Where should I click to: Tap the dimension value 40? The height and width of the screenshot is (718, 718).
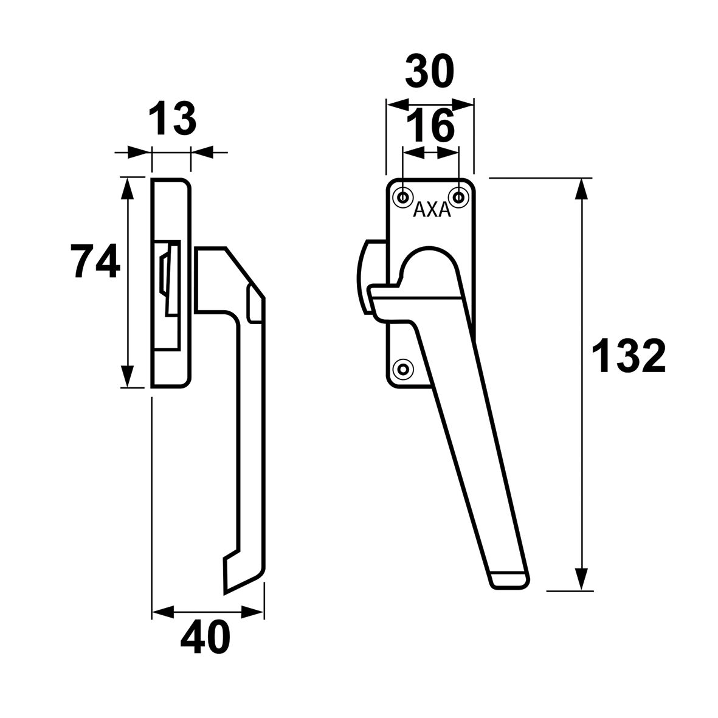pos(205,637)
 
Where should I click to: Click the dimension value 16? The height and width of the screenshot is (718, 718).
pos(430,126)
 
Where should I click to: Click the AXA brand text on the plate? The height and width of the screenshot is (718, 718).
pos(432,210)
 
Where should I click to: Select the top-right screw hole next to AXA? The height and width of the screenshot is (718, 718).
pos(458,196)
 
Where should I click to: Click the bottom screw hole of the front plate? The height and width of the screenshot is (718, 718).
pos(402,368)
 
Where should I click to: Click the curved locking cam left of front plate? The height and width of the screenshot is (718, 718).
pos(366,277)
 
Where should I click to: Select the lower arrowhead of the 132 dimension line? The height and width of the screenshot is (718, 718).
pos(582,579)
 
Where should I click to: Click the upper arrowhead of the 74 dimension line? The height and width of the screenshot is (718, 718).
pos(126,188)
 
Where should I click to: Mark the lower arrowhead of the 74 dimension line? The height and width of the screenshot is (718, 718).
pos(126,376)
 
